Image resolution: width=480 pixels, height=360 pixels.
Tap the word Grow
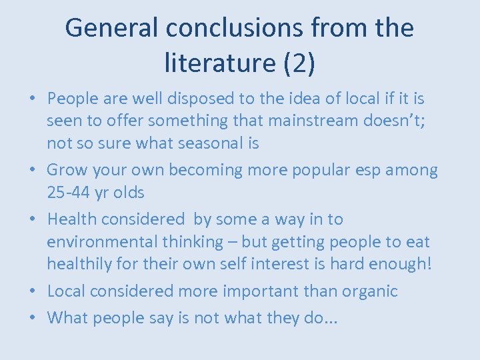click(x=67, y=170)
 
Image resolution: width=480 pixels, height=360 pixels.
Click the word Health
click(x=75, y=219)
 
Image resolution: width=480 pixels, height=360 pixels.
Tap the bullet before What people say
click(x=33, y=318)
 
